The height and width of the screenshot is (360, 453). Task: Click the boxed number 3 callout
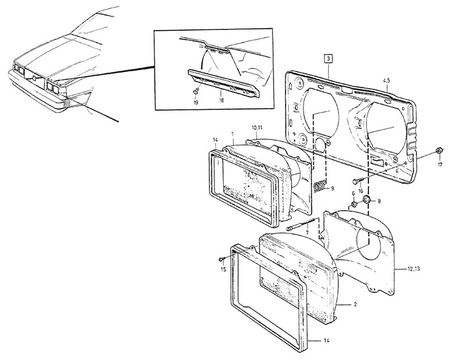point(328,59)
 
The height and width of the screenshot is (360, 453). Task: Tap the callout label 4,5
point(387,80)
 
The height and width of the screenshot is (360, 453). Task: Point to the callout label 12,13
point(414,269)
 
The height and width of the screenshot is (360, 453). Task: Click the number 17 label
point(440,165)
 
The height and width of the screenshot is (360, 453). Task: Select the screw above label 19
point(196,91)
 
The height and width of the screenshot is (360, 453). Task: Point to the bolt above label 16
point(356,181)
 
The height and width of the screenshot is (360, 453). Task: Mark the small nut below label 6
point(353,205)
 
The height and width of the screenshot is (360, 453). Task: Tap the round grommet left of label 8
point(367,199)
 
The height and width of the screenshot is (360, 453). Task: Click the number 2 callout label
point(355,305)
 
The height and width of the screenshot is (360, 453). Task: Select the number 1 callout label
point(233,134)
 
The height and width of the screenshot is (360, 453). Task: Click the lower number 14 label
point(326,341)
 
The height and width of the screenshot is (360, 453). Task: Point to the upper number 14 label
point(215,140)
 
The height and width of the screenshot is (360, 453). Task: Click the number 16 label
point(361,191)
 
